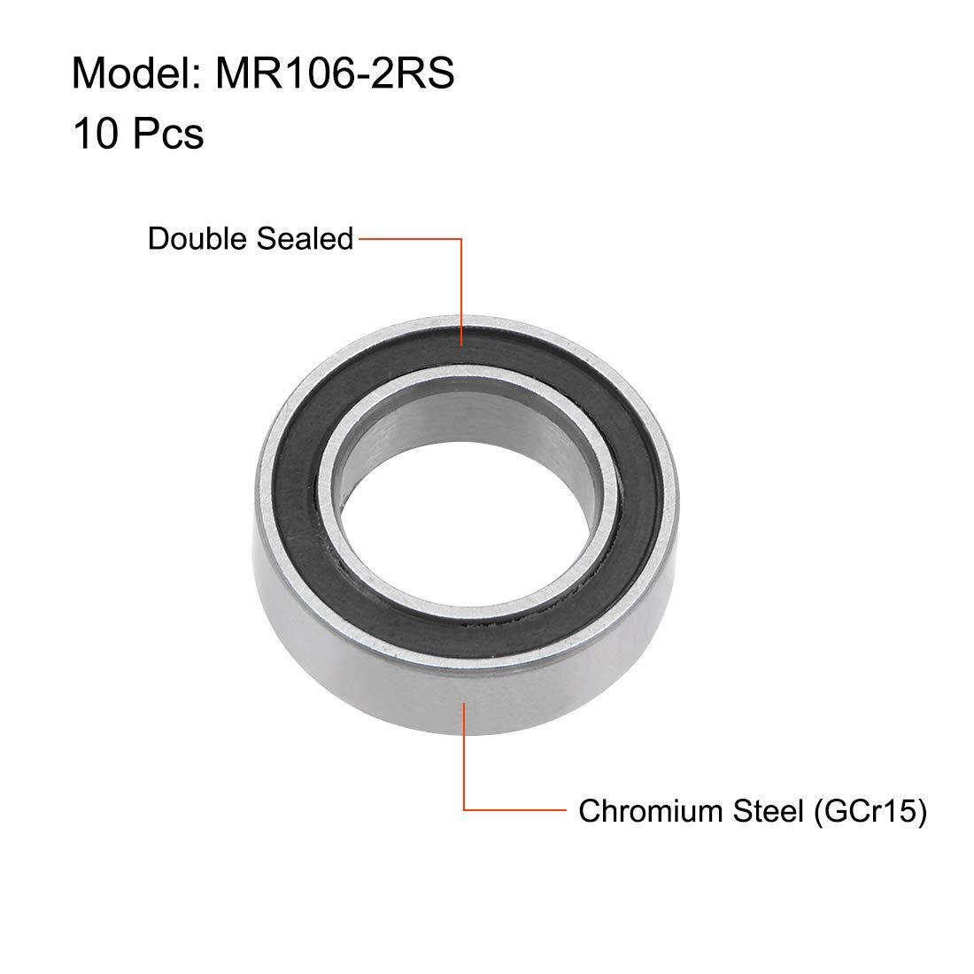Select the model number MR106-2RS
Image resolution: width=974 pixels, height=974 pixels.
click(335, 73)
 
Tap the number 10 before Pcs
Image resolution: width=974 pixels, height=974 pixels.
click(95, 133)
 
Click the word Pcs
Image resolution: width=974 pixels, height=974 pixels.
click(167, 133)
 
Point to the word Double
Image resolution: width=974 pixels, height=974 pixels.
click(198, 238)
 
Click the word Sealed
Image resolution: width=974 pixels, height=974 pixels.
click(305, 238)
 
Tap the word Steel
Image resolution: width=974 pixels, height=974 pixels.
click(769, 810)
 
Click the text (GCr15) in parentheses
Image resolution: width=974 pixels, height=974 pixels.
click(870, 811)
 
